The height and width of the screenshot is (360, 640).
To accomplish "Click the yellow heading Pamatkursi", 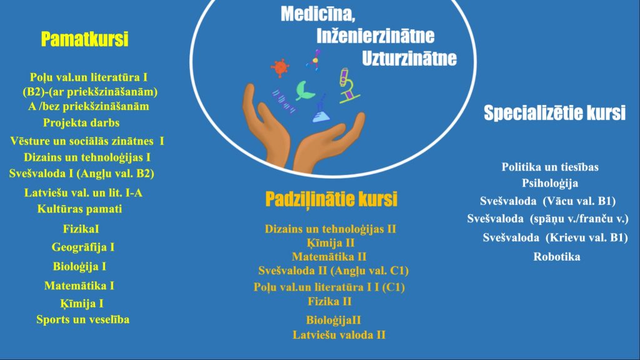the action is pyautogui.click(x=84, y=39).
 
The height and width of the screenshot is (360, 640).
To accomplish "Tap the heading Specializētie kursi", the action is pyautogui.click(x=554, y=112).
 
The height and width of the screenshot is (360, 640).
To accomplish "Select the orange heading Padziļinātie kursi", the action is pyautogui.click(x=331, y=199).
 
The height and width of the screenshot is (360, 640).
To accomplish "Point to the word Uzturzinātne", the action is pyautogui.click(x=409, y=58).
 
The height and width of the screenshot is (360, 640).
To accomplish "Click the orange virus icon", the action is pyautogui.click(x=280, y=67).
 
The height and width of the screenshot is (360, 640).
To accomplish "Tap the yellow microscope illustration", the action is pyautogui.click(x=348, y=85).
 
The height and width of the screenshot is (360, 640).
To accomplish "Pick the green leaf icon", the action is pyautogui.click(x=304, y=91).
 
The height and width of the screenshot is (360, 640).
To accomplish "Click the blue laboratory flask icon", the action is pyautogui.click(x=321, y=110).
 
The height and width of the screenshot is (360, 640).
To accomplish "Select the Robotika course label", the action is pyautogui.click(x=557, y=257).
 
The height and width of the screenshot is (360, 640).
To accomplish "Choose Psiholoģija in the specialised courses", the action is pyautogui.click(x=550, y=183).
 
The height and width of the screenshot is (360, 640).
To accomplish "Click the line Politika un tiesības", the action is pyautogui.click(x=550, y=167).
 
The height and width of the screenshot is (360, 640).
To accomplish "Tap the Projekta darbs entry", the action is pyautogui.click(x=81, y=123).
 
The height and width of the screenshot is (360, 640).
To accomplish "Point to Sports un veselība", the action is pyautogui.click(x=83, y=319).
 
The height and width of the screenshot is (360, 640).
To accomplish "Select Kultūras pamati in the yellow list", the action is pyautogui.click(x=79, y=209).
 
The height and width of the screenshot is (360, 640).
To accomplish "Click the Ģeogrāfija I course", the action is pyautogui.click(x=83, y=247).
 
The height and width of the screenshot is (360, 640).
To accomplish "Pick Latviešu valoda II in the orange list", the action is pyautogui.click(x=339, y=335).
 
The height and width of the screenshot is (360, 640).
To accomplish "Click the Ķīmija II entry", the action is pyautogui.click(x=331, y=243).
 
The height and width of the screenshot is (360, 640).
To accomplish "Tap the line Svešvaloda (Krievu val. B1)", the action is pyautogui.click(x=555, y=237).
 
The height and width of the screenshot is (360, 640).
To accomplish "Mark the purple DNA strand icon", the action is pyautogui.click(x=284, y=102).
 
